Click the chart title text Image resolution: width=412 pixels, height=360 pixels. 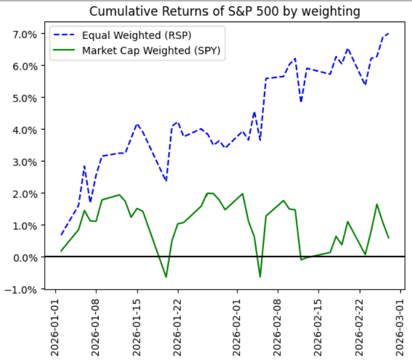tap(225, 11)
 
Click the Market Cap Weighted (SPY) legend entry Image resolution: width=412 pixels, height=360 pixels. tap(151, 50)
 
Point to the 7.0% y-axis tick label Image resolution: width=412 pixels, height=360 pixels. tap(25, 34)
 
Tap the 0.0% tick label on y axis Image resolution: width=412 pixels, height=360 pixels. tap(25, 257)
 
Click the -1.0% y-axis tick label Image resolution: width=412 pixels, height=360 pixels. tap(23, 289)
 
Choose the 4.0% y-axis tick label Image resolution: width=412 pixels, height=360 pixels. tap(25, 129)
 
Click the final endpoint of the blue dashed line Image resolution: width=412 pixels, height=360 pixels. tap(388, 34)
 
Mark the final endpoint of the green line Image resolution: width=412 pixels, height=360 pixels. tap(388, 238)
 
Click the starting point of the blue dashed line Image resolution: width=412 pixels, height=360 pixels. tap(61, 235)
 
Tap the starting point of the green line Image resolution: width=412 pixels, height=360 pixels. tap(61, 251)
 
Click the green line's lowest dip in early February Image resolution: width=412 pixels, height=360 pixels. tap(260, 277)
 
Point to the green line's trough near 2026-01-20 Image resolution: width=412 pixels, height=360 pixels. tap(166, 277)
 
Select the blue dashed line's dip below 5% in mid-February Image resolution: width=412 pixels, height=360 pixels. tap(301, 102)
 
